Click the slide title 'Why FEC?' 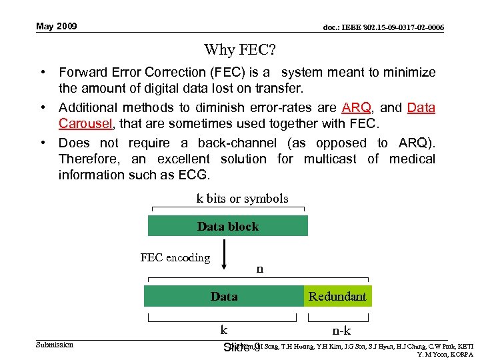(x=239, y=49)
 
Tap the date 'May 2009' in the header (x=57, y=27)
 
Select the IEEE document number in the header (x=383, y=27)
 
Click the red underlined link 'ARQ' (x=356, y=108)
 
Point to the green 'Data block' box (x=227, y=226)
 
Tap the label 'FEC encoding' (x=175, y=257)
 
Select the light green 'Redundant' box (x=337, y=296)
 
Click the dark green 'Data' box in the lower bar (x=224, y=296)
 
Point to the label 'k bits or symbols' (x=242, y=198)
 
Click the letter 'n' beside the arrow (x=260, y=269)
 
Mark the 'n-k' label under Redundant (x=342, y=331)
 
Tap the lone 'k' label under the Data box (x=224, y=329)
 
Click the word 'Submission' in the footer (x=55, y=345)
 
